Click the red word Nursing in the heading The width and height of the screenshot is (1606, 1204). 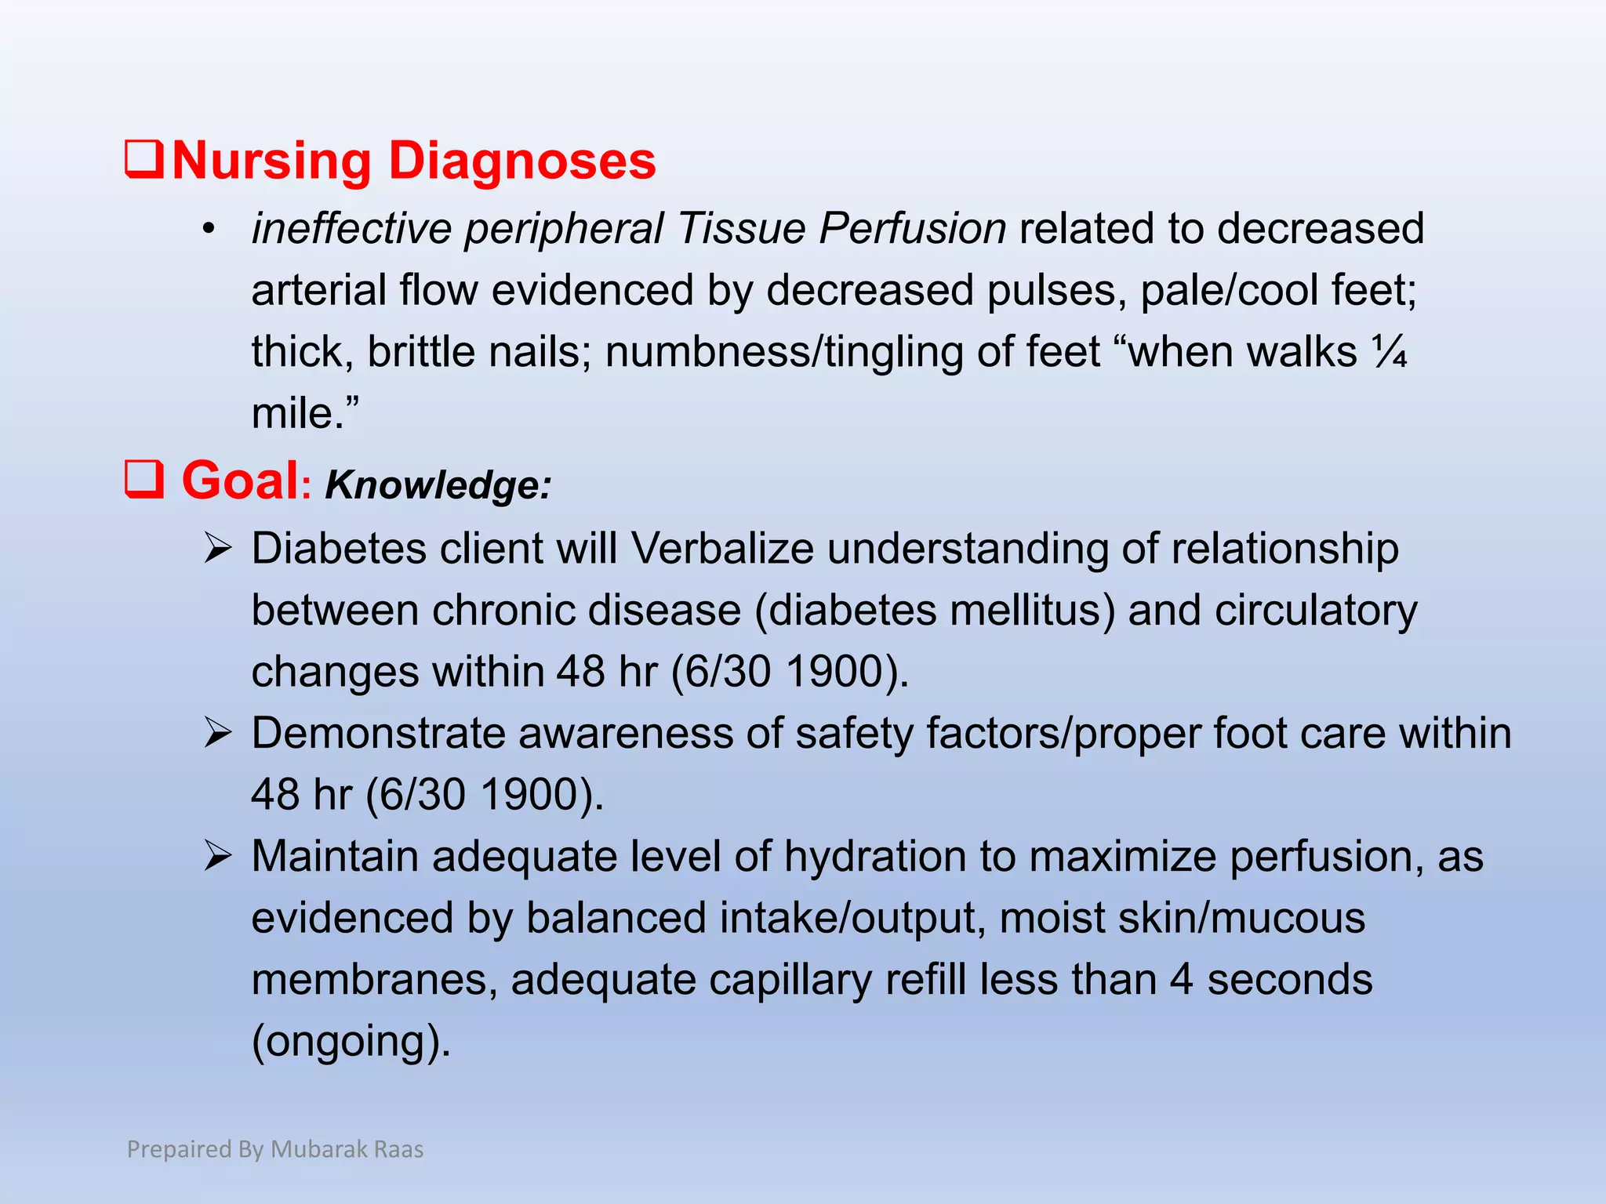point(271,161)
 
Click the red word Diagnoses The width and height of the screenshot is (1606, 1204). point(522,161)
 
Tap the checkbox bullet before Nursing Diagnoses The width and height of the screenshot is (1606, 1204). point(144,159)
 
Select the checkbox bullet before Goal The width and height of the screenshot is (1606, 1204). point(144,479)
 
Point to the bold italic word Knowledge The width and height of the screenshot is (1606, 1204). point(438,484)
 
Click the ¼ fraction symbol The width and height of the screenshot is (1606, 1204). point(1390,352)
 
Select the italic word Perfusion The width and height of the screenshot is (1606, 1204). point(913,229)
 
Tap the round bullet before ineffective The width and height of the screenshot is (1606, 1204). point(208,230)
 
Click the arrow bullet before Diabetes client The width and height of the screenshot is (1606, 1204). point(217,548)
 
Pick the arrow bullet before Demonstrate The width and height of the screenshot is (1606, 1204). point(217,733)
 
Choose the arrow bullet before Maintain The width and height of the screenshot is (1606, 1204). point(217,856)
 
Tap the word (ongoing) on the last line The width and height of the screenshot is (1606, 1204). point(351,1041)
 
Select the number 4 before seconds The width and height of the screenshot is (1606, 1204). point(1181,980)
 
